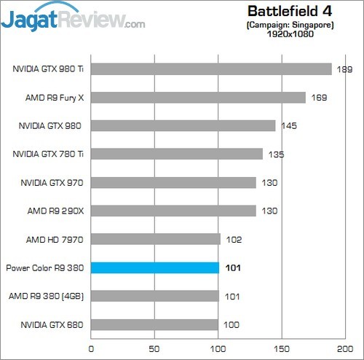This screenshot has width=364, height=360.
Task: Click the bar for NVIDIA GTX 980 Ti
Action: [211, 69]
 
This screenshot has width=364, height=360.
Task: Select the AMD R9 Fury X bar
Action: [198, 98]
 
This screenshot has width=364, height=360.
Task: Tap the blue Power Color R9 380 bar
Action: [154, 267]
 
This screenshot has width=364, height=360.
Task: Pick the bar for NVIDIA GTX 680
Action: [154, 324]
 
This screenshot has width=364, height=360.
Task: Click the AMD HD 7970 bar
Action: [155, 239]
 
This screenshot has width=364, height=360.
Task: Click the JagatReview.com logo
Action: [73, 18]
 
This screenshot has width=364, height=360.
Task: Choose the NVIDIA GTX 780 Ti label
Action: [49, 154]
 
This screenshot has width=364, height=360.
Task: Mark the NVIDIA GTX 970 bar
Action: [173, 182]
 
